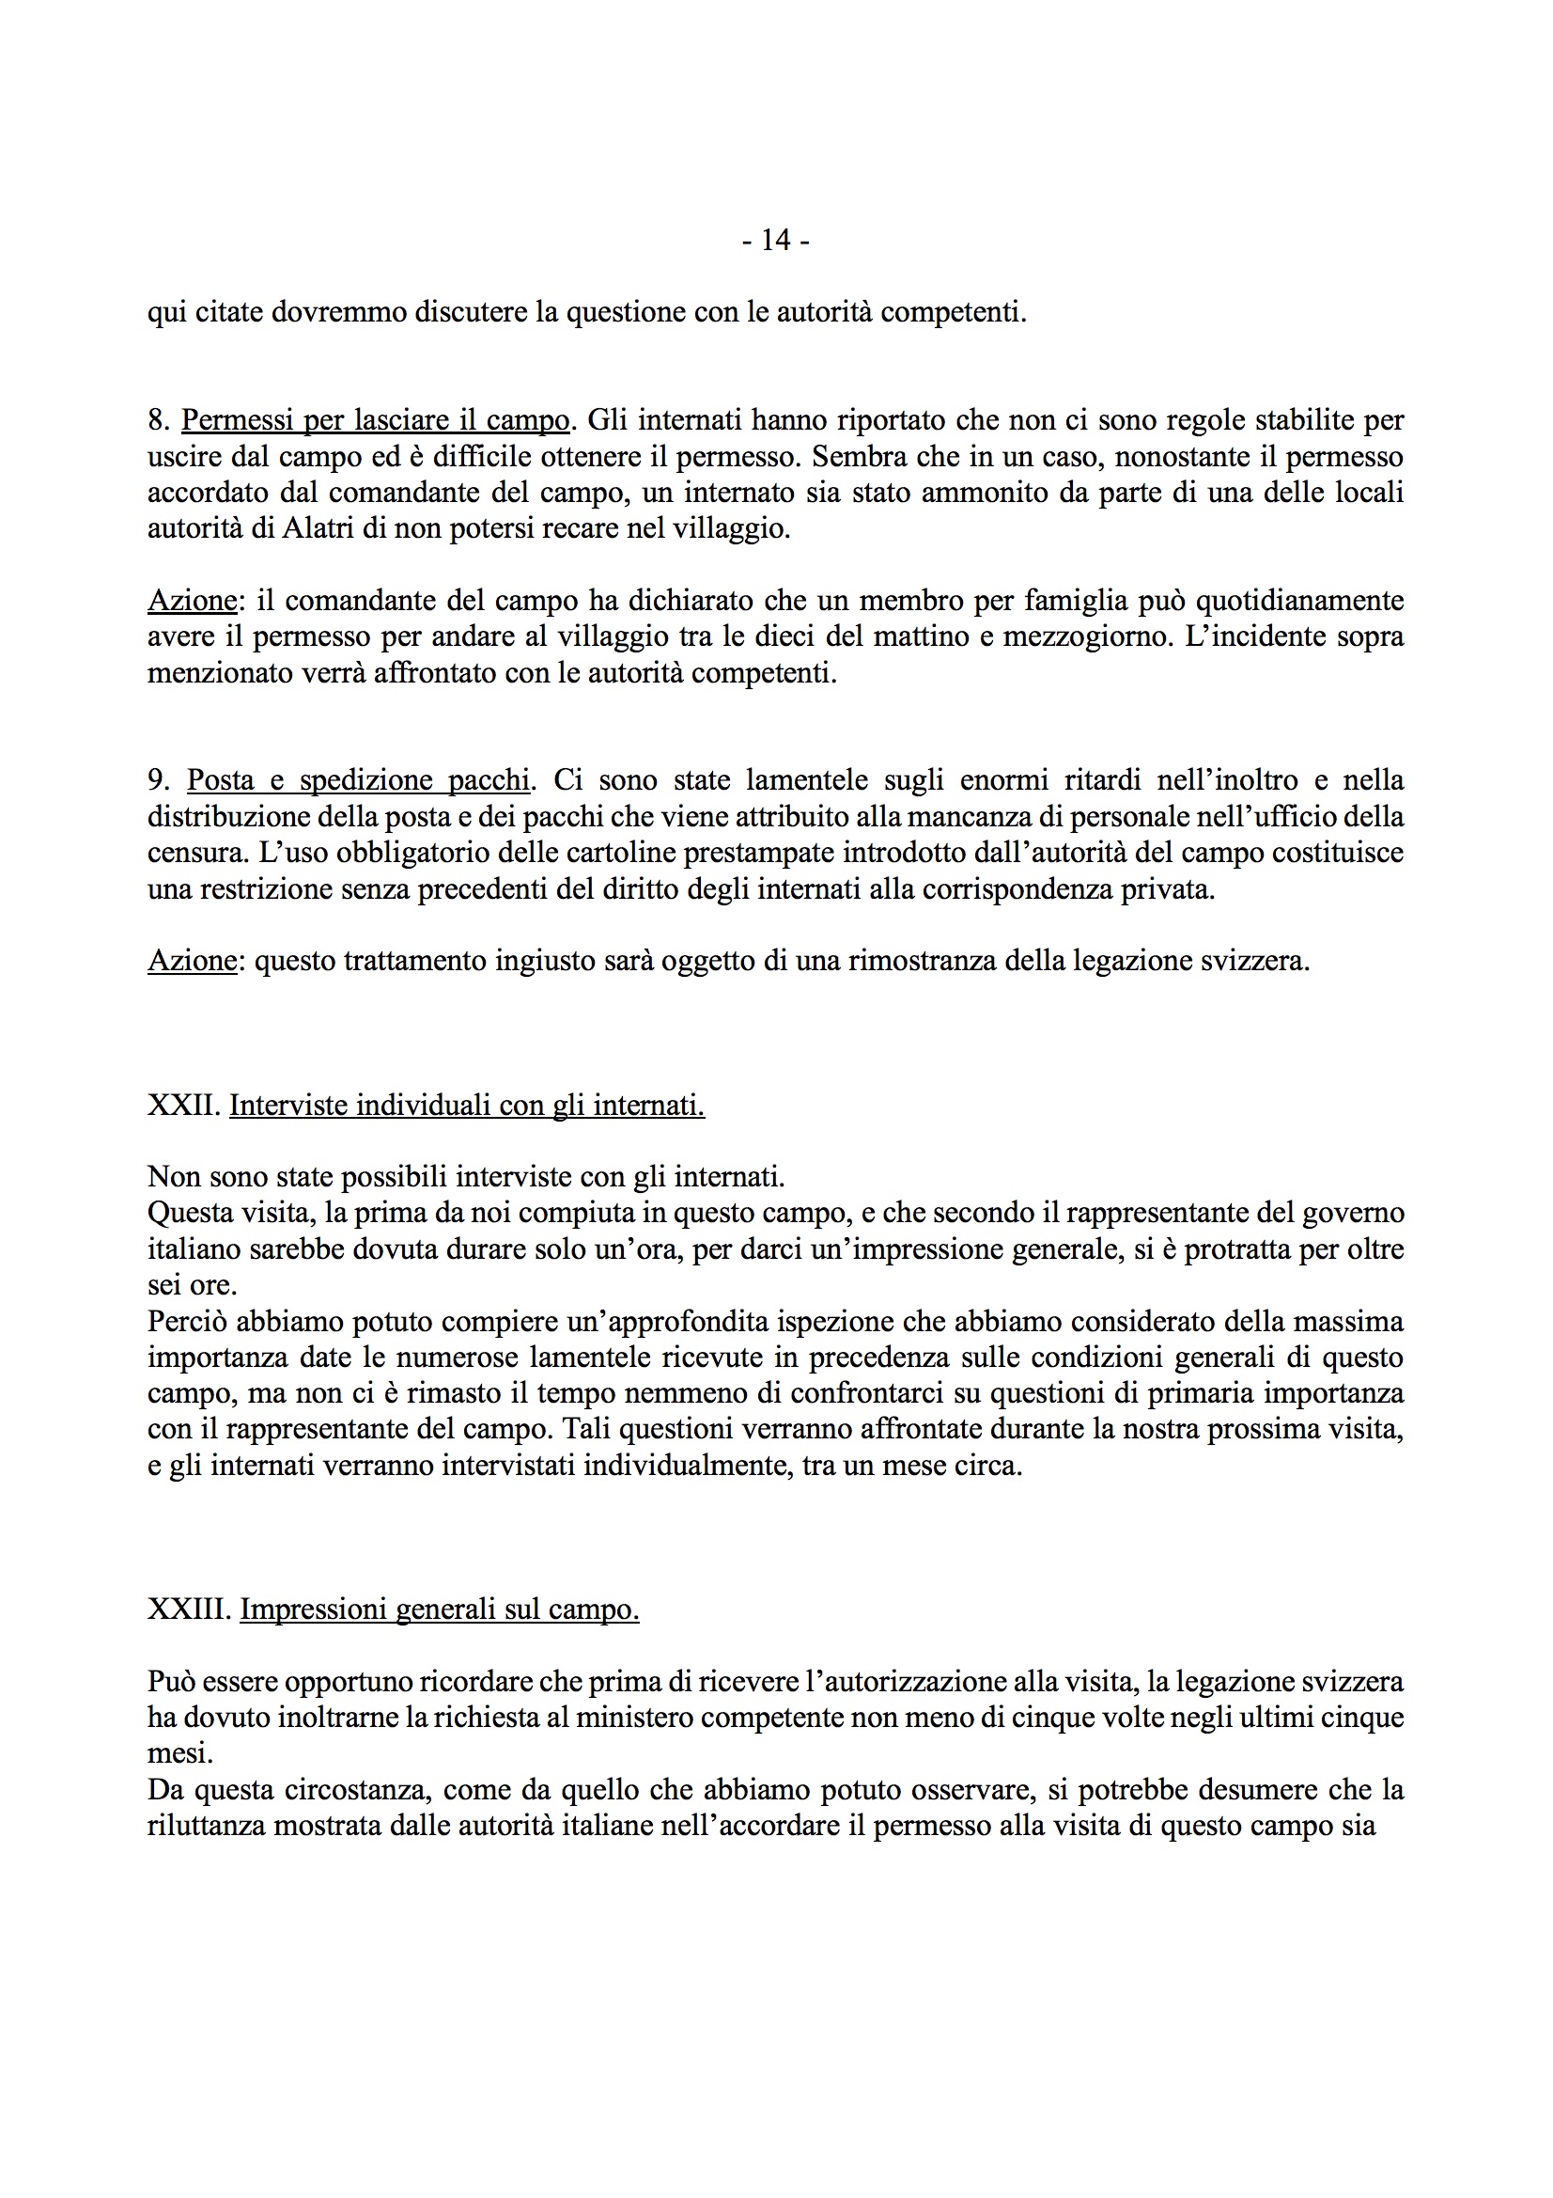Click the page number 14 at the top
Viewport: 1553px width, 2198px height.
776,241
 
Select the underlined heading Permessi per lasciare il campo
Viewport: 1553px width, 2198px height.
375,420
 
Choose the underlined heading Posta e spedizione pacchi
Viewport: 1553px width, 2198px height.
357,780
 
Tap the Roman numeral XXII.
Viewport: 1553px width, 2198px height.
184,1106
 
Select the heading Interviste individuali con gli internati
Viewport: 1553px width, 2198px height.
467,1106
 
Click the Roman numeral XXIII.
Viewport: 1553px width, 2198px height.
190,1610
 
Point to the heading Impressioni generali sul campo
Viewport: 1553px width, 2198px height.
439,1610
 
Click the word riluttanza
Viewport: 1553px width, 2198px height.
206,1826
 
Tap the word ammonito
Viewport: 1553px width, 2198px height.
972,492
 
